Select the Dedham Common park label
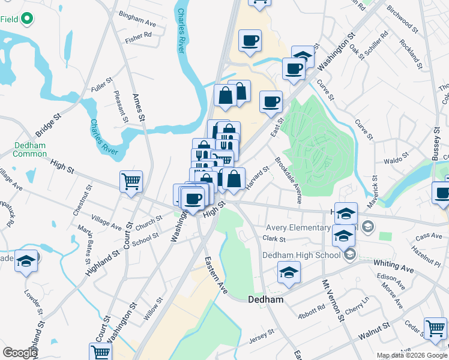click(x=29, y=149)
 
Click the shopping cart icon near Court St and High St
click(x=131, y=181)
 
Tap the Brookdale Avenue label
click(x=288, y=180)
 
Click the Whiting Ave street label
click(x=393, y=266)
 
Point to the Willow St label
click(x=152, y=310)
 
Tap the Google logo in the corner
click(x=20, y=353)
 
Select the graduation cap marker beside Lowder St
click(x=26, y=260)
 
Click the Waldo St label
click(x=396, y=157)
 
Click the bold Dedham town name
click(x=266, y=299)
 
